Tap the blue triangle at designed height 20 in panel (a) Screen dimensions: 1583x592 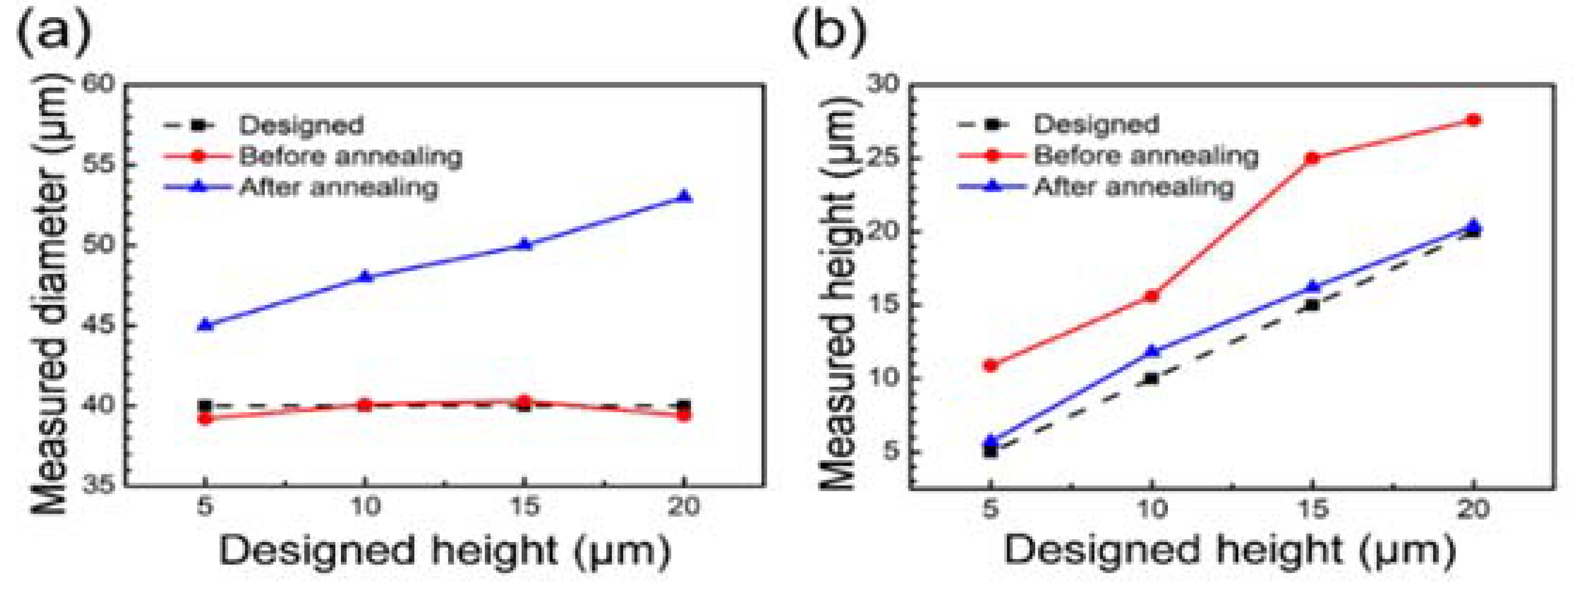pos(684,196)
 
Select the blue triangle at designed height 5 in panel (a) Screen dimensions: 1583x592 pos(205,324)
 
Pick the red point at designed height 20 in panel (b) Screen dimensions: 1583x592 pos(1473,120)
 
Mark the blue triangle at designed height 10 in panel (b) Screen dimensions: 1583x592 pos(1152,351)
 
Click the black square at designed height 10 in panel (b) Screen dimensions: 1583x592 pos(1152,379)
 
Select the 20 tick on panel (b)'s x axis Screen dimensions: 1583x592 pos(1473,508)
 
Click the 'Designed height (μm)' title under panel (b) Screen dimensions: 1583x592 pos(1229,550)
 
